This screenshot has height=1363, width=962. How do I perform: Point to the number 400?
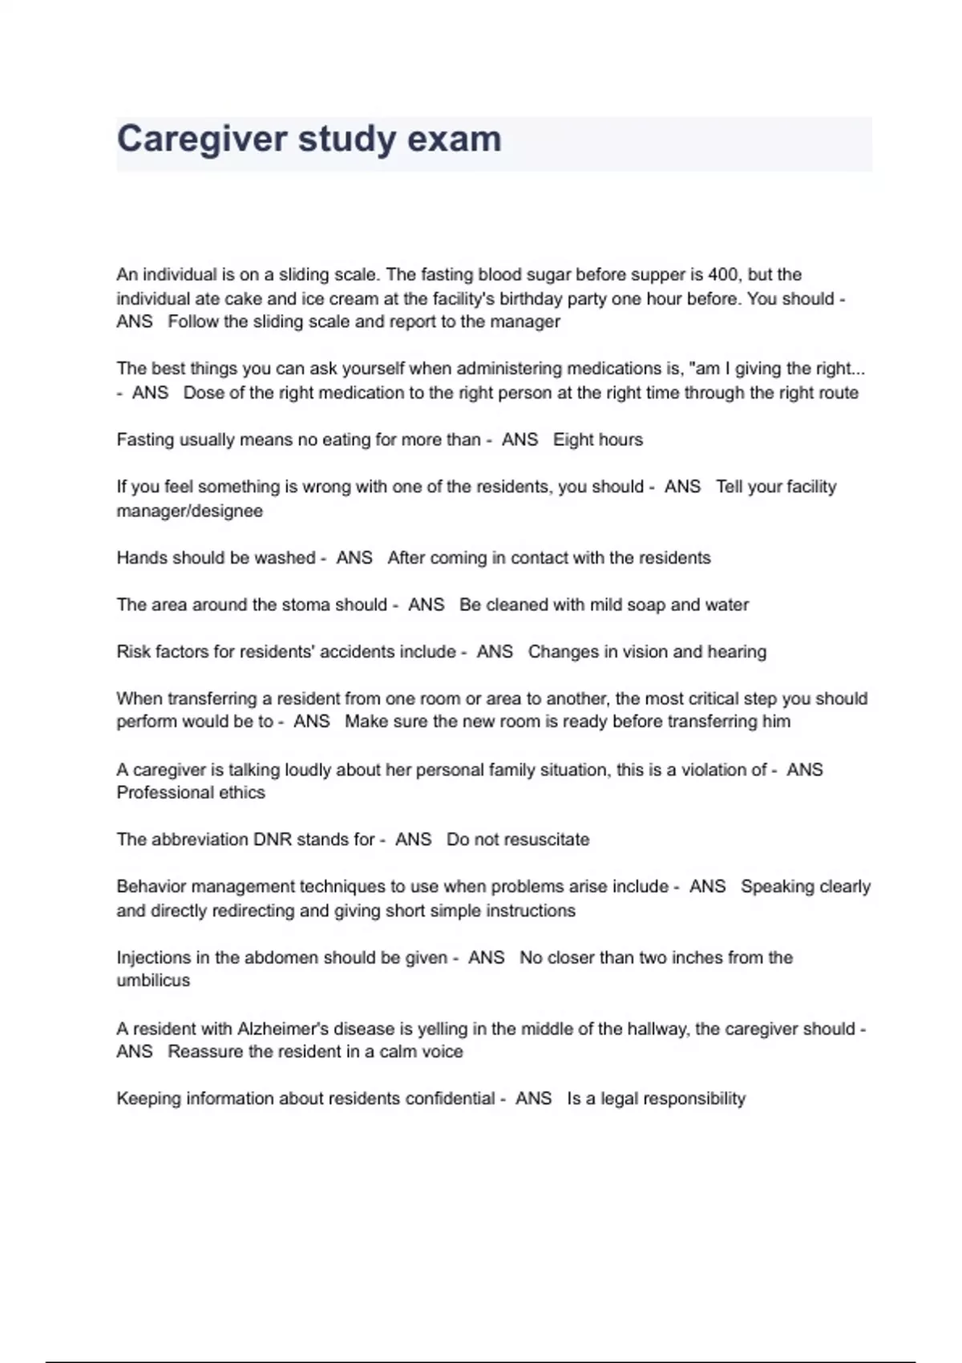pos(723,275)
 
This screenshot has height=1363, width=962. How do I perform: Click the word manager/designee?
pos(189,511)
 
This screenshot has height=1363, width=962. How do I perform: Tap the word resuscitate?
pos(546,839)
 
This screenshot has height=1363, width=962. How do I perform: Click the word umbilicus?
pos(153,981)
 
